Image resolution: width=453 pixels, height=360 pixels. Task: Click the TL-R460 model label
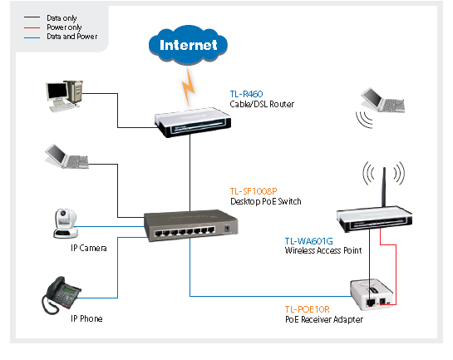pos(247,93)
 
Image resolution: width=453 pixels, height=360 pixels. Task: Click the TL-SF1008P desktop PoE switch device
pos(188,225)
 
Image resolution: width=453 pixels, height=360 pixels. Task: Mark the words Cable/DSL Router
pos(262,103)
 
